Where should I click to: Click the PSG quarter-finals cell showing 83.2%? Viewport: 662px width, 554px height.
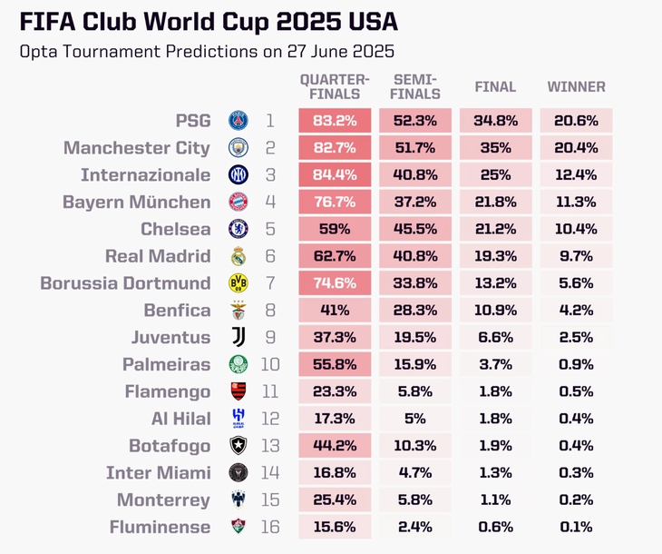[x=335, y=121]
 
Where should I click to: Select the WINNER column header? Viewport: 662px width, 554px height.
[x=576, y=87]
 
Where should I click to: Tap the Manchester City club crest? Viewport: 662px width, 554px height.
[x=238, y=148]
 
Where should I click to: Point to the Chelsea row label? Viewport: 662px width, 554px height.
[x=175, y=229]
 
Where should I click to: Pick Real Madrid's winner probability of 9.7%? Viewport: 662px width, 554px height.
[x=576, y=256]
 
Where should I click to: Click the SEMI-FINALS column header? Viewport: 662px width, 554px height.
[x=415, y=87]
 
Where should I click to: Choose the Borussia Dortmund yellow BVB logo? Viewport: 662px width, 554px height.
[x=238, y=283]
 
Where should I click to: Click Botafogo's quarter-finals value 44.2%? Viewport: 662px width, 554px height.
[x=335, y=446]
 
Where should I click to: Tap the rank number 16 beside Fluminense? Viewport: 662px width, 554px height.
[x=270, y=527]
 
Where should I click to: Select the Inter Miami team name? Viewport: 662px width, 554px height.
[x=158, y=473]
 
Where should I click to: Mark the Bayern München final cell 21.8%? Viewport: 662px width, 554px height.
[x=496, y=203]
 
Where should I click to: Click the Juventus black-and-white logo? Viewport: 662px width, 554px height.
[x=238, y=338]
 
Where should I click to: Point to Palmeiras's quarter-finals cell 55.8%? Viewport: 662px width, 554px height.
[x=335, y=365]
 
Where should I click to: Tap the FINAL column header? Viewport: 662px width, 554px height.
[x=495, y=87]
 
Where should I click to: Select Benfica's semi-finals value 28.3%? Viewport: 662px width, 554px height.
[x=415, y=311]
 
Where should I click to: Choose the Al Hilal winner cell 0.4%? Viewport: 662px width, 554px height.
[x=576, y=419]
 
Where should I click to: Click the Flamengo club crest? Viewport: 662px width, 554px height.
[x=238, y=392]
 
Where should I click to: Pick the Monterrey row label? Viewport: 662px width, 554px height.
[x=163, y=500]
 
